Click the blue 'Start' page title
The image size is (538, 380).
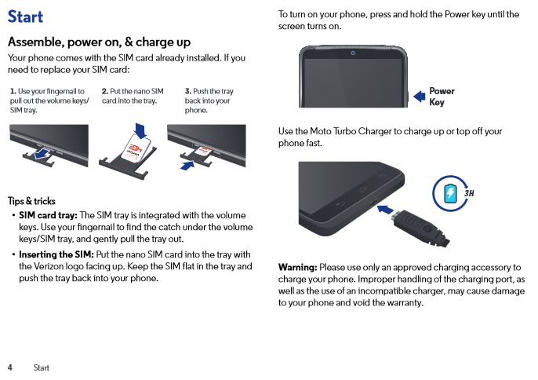click(x=25, y=16)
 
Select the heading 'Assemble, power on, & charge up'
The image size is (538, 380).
click(x=99, y=42)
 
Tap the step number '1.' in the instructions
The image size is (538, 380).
click(x=13, y=91)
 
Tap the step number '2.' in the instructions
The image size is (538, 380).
click(x=105, y=91)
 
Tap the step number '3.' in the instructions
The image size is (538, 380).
click(x=188, y=91)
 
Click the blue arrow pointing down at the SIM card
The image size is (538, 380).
click(x=140, y=130)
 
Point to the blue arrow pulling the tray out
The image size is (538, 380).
click(x=42, y=153)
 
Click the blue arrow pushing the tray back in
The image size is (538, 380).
click(x=187, y=166)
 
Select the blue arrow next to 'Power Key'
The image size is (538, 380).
click(x=420, y=97)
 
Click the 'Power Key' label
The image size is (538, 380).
click(x=442, y=97)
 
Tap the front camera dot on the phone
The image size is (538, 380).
click(x=353, y=53)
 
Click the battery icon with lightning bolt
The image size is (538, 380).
click(x=450, y=193)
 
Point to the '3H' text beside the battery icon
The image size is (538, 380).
click(x=469, y=193)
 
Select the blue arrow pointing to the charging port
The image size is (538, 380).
click(x=385, y=210)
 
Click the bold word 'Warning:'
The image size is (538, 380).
click(x=297, y=267)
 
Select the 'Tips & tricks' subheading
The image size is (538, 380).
click(x=31, y=201)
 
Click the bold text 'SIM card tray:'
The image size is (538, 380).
click(x=48, y=215)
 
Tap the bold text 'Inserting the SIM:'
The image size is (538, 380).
click(x=56, y=254)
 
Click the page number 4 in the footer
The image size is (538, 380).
click(x=10, y=367)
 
